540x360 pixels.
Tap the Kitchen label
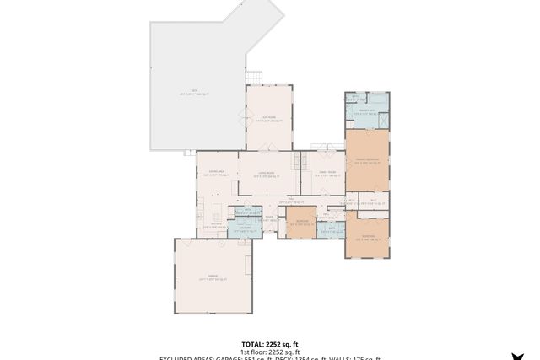[x=215, y=224]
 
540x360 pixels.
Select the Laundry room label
[x=247, y=227]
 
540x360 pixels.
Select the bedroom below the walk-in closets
[x=368, y=237]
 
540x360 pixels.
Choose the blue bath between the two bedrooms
[x=332, y=228]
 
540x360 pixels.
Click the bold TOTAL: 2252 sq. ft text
[x=270, y=344]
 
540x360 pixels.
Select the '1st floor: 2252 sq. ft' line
[x=270, y=352]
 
